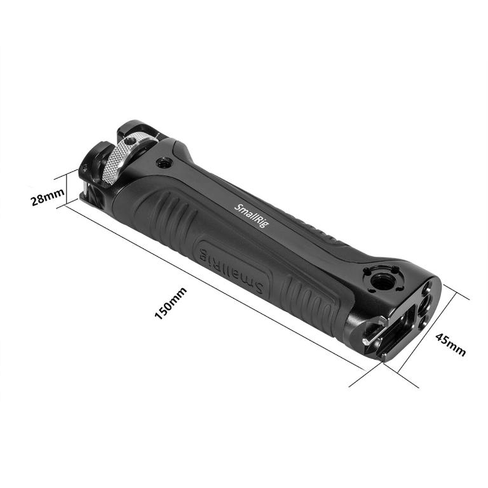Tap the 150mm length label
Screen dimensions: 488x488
point(171,303)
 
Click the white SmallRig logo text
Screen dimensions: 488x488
point(252,217)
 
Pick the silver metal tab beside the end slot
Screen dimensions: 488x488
point(369,340)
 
